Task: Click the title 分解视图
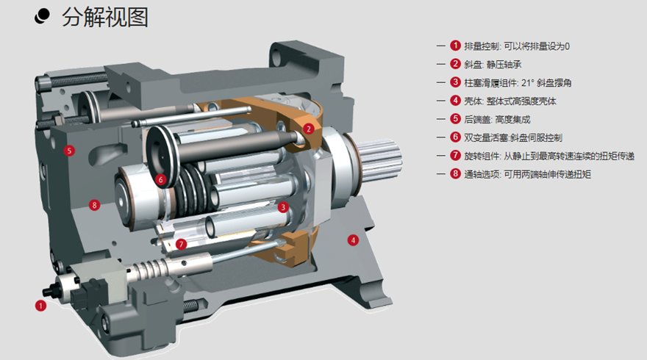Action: click(x=105, y=18)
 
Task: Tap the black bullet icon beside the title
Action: click(x=42, y=16)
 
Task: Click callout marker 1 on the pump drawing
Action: click(x=40, y=306)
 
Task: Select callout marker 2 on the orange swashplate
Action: click(x=308, y=129)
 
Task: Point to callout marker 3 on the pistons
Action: click(x=282, y=207)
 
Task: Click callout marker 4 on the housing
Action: click(x=353, y=240)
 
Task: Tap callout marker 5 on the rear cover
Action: click(x=69, y=151)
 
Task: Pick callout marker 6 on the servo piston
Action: click(x=161, y=179)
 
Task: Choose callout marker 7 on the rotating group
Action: click(x=181, y=245)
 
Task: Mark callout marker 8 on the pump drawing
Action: click(x=95, y=205)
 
